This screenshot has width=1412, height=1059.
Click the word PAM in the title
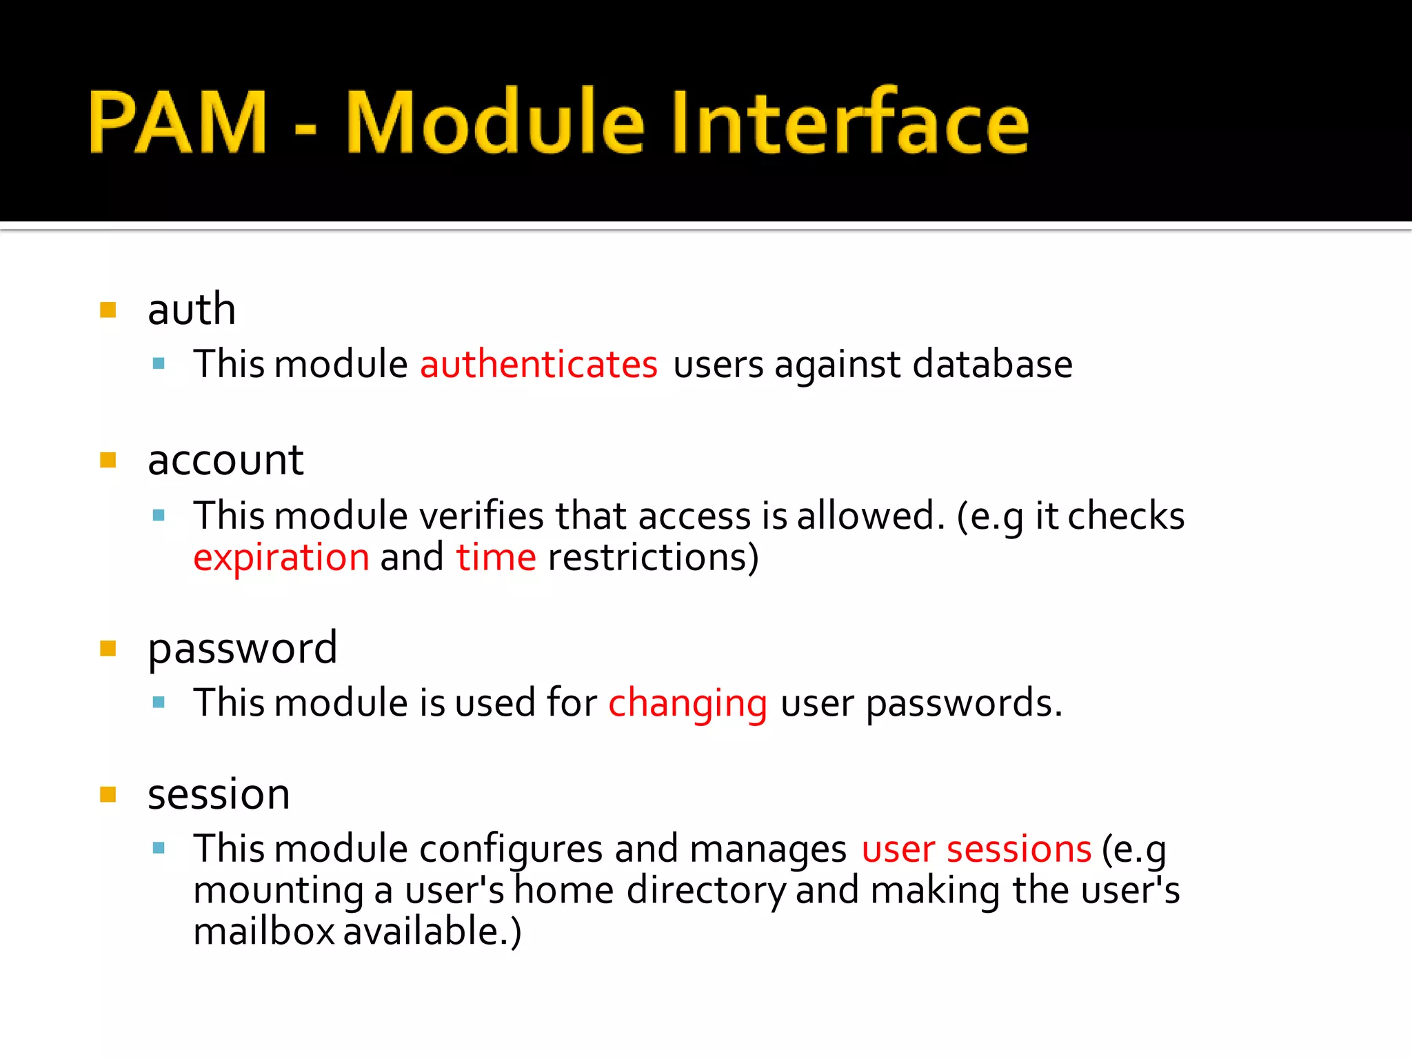click(178, 123)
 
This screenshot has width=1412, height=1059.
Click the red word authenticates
click(538, 364)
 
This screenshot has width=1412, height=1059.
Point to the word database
click(992, 364)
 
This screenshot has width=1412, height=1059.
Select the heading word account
click(225, 460)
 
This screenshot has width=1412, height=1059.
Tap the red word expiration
click(281, 557)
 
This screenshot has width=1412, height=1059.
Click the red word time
click(496, 557)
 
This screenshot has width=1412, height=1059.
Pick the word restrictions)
click(653, 557)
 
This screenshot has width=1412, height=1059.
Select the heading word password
click(242, 649)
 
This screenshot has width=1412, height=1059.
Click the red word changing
click(687, 703)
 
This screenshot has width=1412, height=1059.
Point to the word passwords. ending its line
click(964, 703)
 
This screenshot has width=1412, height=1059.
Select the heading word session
click(219, 794)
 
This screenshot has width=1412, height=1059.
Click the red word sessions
click(1018, 849)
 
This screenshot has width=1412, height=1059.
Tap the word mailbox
click(263, 931)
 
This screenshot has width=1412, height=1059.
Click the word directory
click(706, 890)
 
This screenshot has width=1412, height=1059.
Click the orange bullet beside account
click(108, 460)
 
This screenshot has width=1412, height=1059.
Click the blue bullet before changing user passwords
click(159, 703)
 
